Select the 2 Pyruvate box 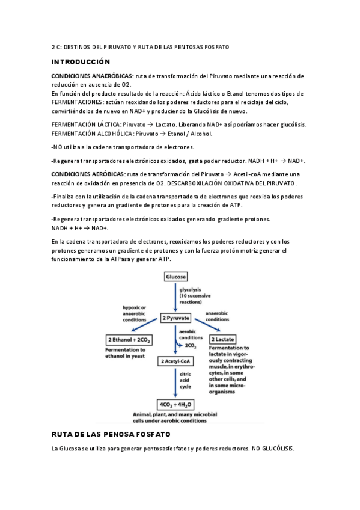(176, 318)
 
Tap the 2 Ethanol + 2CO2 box (129, 340)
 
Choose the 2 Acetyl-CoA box (175, 361)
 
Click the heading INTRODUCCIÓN (81, 62)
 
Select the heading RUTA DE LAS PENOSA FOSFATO (111, 434)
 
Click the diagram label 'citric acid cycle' (186, 381)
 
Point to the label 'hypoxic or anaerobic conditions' (135, 313)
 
